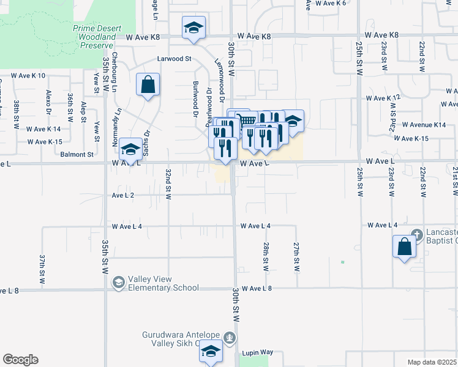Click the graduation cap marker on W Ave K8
193,28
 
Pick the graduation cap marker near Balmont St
130,149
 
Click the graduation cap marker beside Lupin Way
211,353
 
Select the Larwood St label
175,59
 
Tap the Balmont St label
77,155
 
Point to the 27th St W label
296,256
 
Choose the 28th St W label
266,256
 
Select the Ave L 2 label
123,195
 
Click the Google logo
20,360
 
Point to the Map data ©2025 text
431,362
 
